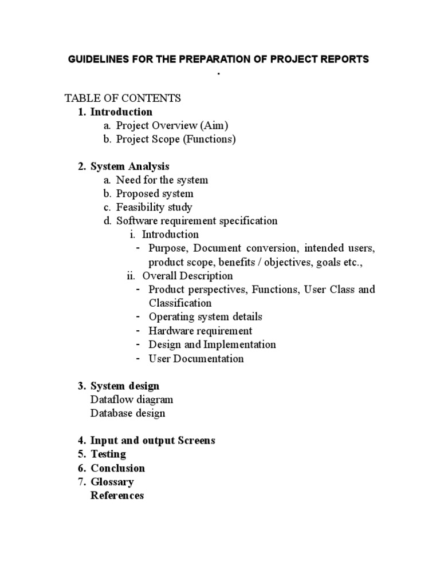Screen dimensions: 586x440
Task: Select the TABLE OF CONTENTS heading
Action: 123,98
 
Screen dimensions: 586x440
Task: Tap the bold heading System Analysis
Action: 130,167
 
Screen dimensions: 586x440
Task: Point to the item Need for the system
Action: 162,180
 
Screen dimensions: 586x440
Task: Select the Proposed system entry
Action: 155,194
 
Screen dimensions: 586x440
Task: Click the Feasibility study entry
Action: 154,207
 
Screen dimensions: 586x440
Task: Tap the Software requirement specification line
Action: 197,221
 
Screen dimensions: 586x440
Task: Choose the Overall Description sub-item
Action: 187,276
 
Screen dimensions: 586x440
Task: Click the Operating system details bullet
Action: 206,316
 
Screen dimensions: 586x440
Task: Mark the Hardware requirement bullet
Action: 201,331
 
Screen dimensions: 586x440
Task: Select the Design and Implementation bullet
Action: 212,345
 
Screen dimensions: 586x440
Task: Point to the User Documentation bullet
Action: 196,359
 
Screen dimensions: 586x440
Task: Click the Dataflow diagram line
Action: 132,399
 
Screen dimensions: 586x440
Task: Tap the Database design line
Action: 128,413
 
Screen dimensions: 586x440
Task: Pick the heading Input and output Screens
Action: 153,441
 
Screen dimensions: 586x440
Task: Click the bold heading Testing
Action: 108,454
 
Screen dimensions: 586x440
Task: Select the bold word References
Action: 117,496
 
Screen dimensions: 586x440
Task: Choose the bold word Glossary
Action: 112,482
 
